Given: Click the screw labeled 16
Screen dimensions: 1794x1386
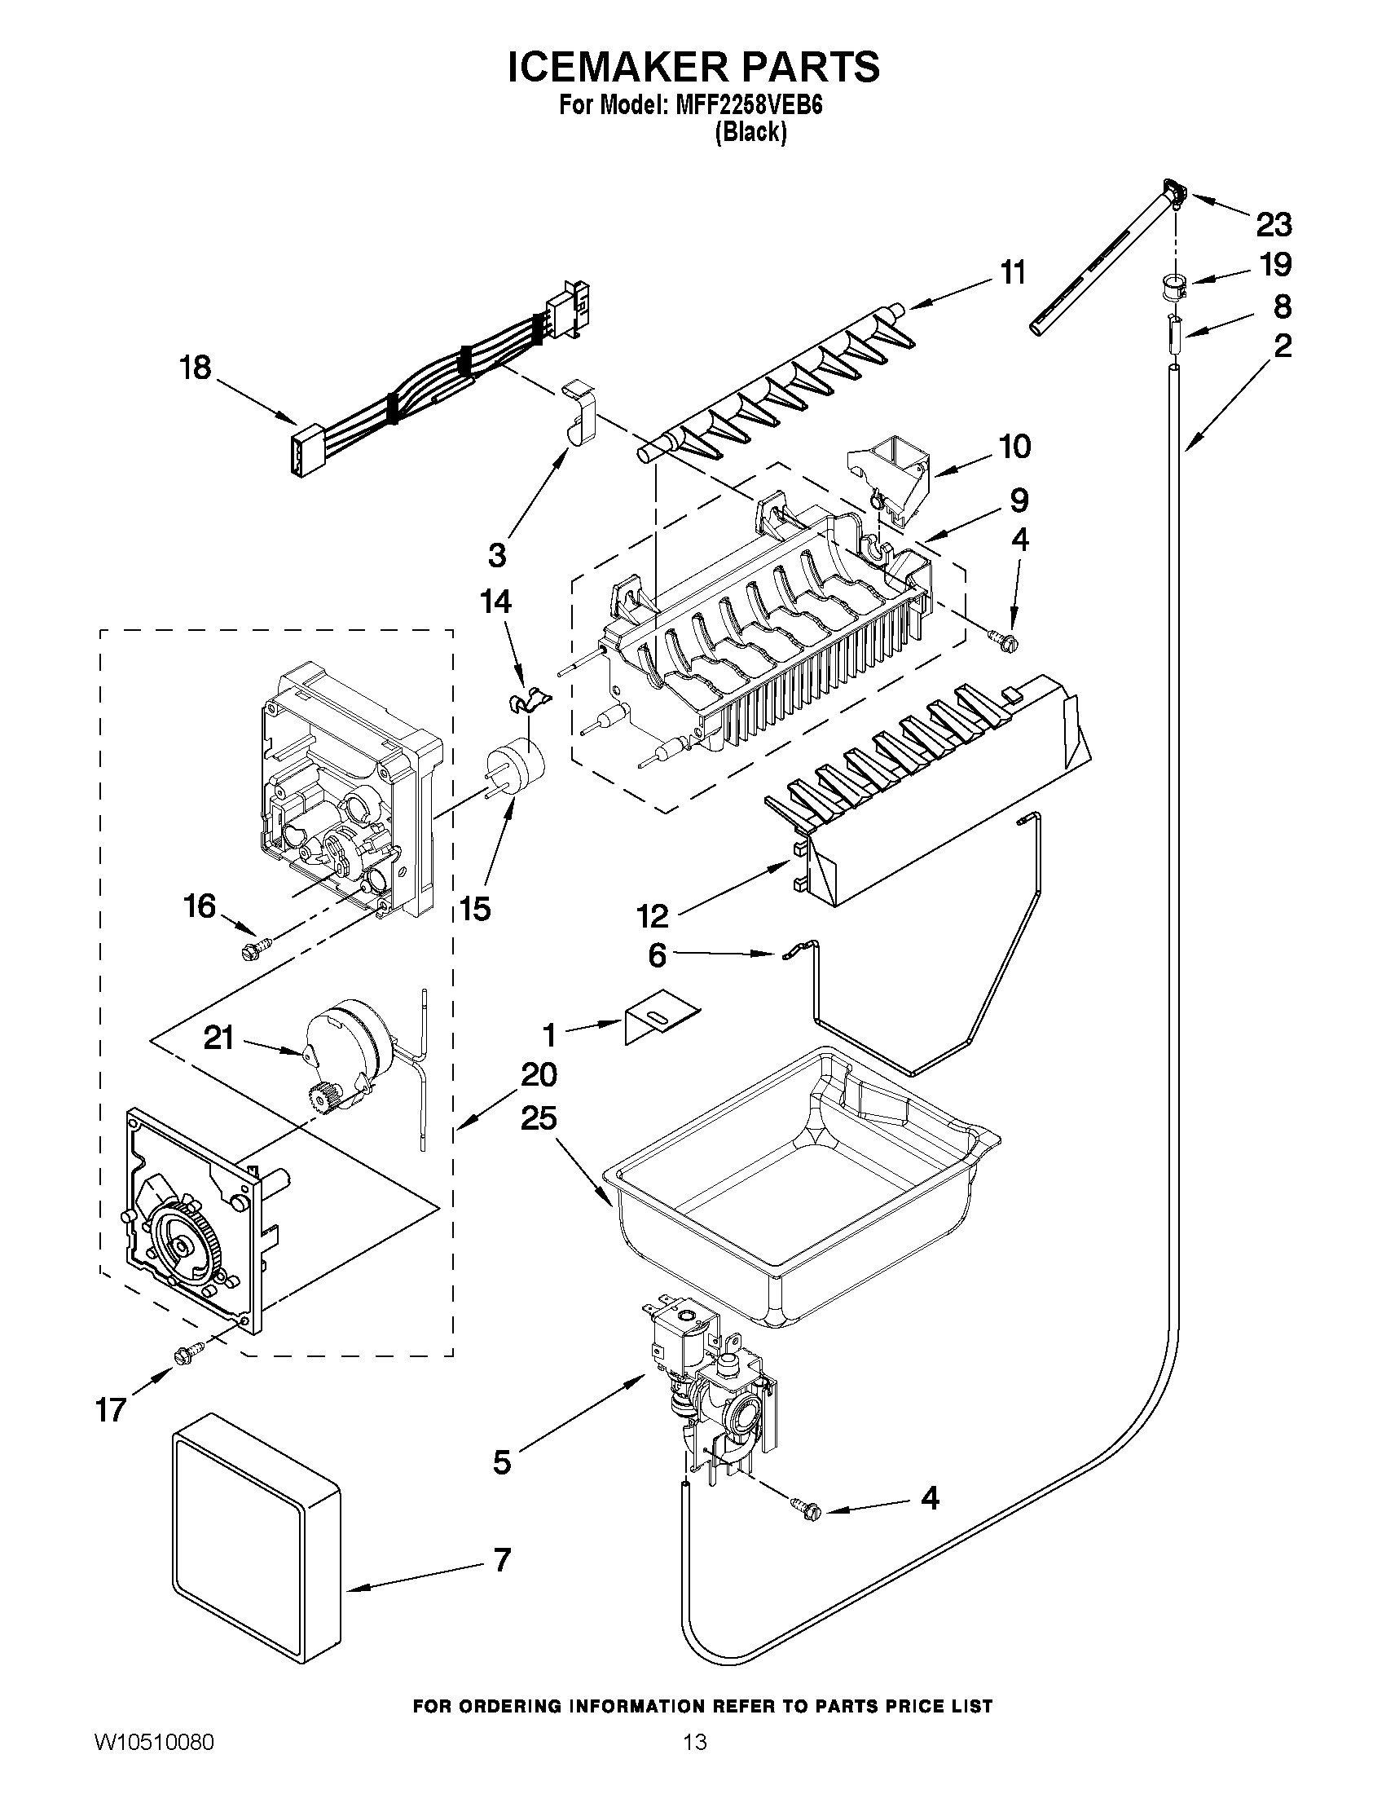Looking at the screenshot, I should (x=249, y=952).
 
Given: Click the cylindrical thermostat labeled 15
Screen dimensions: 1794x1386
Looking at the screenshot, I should (x=516, y=763).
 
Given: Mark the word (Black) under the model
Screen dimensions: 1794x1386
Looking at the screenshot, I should (x=750, y=132).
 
